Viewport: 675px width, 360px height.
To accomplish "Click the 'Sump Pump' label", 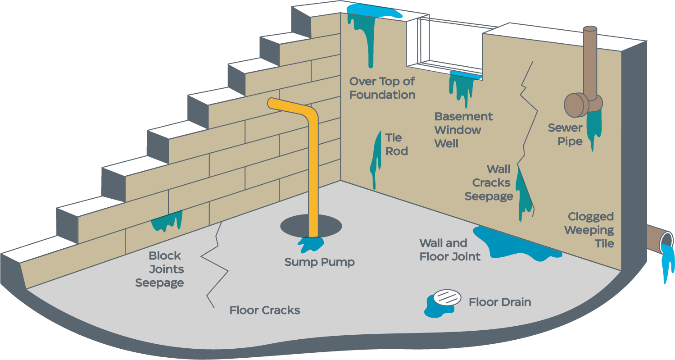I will click(x=319, y=262).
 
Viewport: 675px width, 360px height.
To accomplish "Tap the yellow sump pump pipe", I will click(x=313, y=171).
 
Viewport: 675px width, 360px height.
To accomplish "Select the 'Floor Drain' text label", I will click(x=500, y=302).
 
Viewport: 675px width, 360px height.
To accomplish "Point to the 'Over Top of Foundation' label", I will click(x=382, y=88).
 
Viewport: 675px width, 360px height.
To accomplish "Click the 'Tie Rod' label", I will click(x=396, y=144).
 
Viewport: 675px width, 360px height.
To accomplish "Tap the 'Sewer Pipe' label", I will click(x=565, y=135).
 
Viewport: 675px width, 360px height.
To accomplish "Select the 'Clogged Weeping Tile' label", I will click(x=590, y=230).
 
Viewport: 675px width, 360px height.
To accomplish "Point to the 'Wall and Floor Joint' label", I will click(x=449, y=250).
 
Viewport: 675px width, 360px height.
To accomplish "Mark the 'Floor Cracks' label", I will click(x=264, y=310).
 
